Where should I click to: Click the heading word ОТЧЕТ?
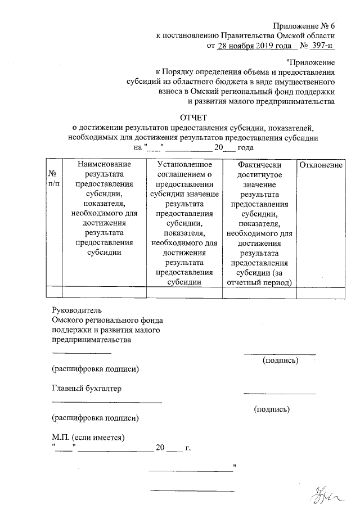point(193,117)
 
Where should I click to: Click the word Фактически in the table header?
point(259,165)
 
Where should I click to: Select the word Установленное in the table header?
point(184,165)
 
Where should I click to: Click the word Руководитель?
point(75,309)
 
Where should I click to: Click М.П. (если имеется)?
point(88,438)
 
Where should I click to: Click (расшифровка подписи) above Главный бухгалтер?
point(95,369)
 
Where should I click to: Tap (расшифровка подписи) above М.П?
point(95,418)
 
